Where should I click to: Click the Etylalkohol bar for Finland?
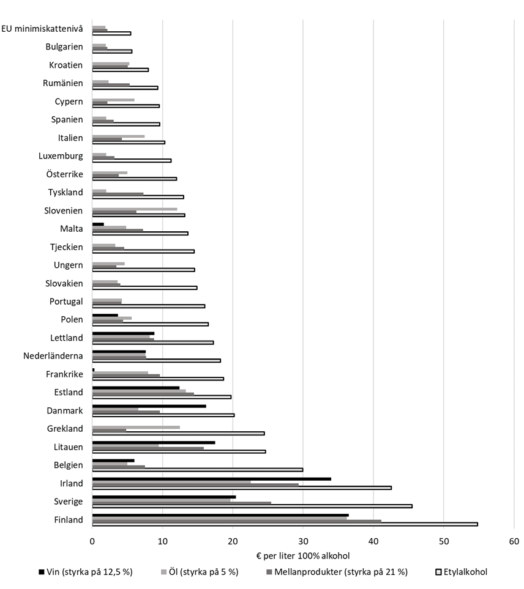(285, 524)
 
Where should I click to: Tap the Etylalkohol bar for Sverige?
(252, 506)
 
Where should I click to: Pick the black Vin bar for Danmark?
(149, 406)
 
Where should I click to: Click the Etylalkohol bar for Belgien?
(197, 470)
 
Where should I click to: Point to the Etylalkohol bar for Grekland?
(178, 434)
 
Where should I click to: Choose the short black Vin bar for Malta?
(98, 224)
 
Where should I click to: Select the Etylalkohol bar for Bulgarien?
(112, 51)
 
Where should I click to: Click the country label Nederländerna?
(53, 356)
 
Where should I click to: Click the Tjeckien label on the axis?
(66, 247)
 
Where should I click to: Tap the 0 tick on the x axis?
(92, 541)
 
